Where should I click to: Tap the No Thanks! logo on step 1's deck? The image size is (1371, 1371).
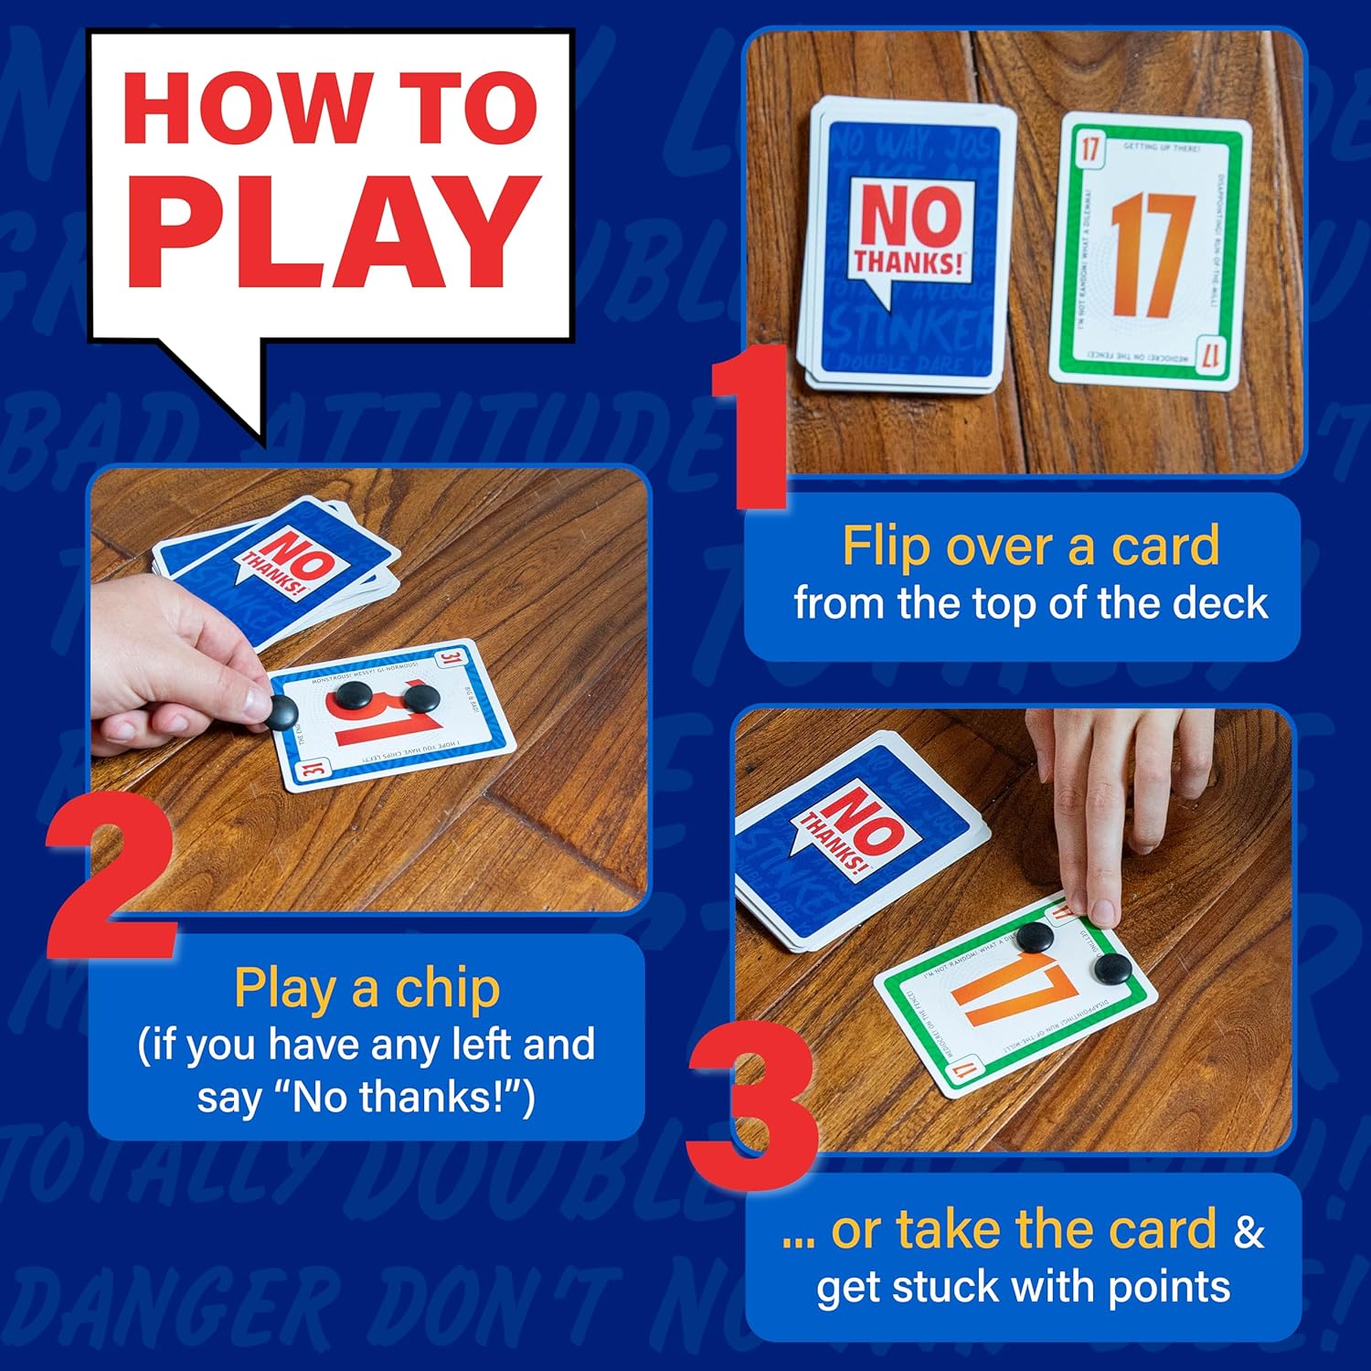[909, 228]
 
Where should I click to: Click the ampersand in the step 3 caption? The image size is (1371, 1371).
[1249, 1231]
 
